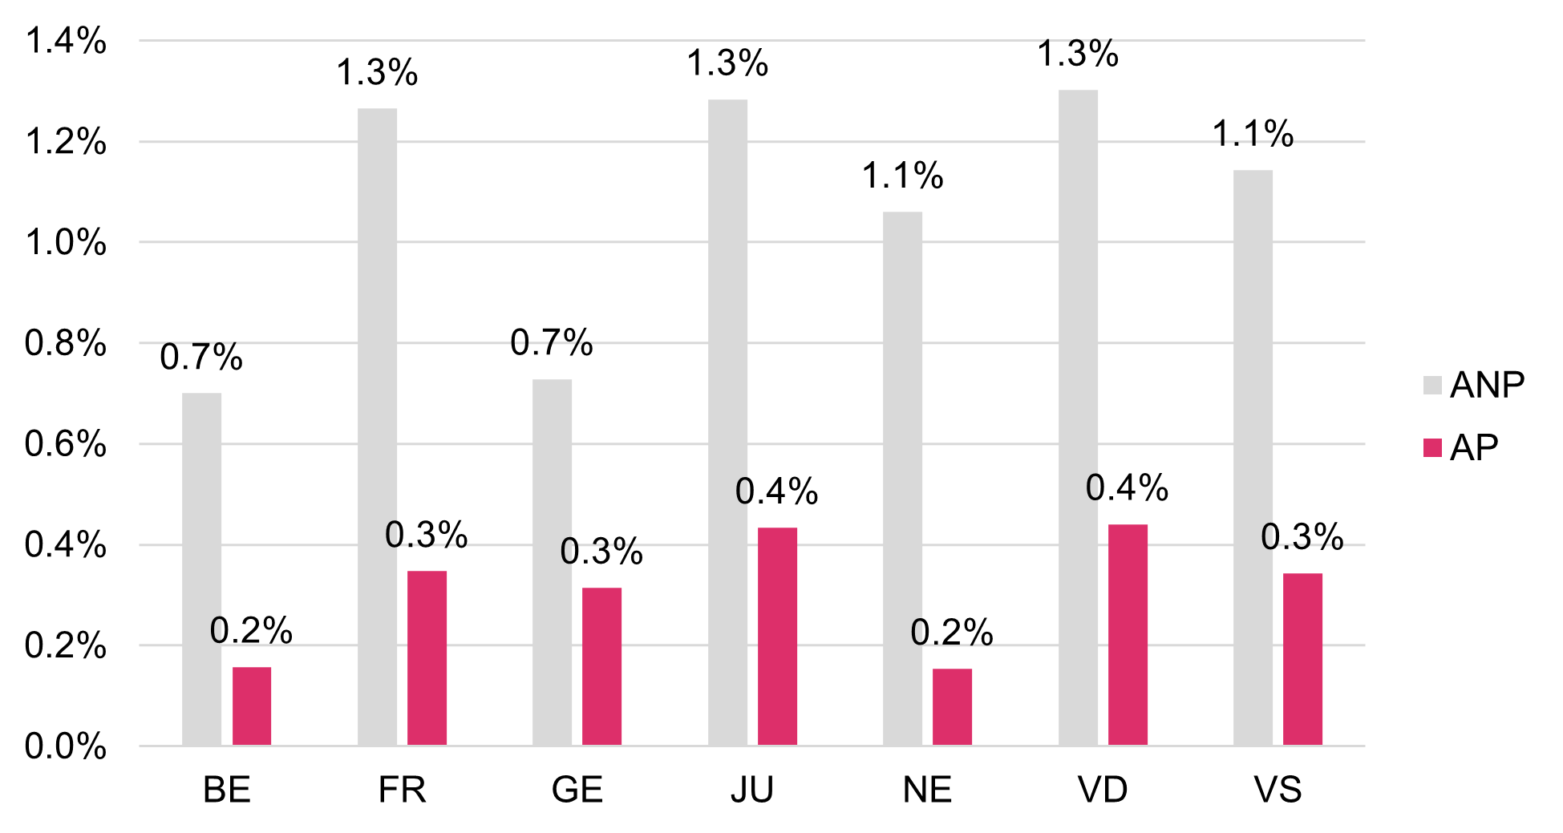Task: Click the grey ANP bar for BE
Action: (201, 569)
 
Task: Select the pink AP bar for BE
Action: (252, 706)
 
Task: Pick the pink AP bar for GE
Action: (601, 666)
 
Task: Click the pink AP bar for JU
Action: (777, 637)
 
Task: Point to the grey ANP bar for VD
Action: (1078, 418)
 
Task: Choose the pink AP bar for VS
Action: (1302, 659)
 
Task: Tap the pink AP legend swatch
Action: (1432, 447)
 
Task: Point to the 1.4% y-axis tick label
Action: (66, 41)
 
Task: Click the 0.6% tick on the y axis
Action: (66, 444)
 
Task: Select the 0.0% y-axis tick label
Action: (66, 746)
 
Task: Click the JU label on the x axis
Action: (752, 791)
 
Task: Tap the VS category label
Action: (1278, 791)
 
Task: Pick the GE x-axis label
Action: (577, 791)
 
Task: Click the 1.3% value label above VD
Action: (1078, 55)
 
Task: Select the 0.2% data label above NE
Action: (952, 633)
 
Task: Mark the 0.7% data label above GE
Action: (552, 343)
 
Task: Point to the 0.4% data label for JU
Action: (777, 491)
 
